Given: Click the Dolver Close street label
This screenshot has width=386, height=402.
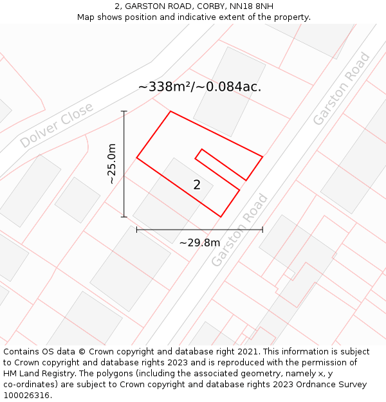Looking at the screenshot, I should click(57, 125).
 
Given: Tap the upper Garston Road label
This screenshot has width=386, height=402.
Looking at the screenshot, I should click(341, 88).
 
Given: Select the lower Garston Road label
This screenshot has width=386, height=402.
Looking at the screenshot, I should click(239, 230).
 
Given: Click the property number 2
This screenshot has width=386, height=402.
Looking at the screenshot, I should click(197, 185).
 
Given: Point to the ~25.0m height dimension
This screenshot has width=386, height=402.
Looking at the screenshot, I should click(112, 164).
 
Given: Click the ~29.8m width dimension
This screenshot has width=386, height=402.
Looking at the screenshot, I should click(199, 242).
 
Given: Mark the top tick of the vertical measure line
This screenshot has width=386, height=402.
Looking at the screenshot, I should click(124, 111).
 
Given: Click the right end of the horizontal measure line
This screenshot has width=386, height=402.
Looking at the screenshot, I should click(262, 229).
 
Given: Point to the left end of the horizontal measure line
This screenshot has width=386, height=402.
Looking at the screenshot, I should click(137, 229).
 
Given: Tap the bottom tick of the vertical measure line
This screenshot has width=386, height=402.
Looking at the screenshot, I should click(124, 217).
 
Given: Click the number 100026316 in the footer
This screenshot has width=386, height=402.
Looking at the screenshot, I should click(26, 395).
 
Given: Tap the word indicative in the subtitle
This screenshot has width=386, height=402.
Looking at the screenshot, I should click(210, 17).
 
